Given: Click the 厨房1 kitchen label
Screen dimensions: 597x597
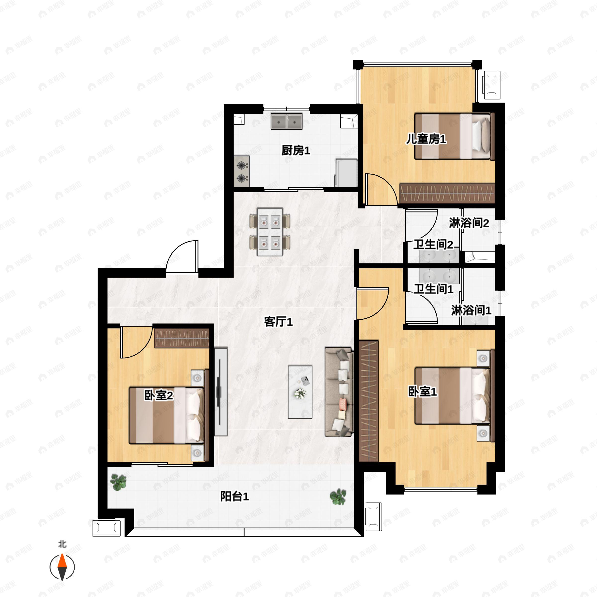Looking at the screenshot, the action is pyautogui.click(x=296, y=150).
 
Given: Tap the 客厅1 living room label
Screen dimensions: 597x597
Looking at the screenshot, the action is pyautogui.click(x=278, y=322).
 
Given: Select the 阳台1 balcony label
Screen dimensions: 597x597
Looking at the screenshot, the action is pyautogui.click(x=234, y=497).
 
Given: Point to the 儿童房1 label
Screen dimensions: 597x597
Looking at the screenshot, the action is pyautogui.click(x=426, y=139).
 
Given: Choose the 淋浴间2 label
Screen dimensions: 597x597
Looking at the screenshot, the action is pyautogui.click(x=469, y=223).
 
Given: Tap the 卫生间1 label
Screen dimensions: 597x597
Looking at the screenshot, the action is pyautogui.click(x=434, y=289).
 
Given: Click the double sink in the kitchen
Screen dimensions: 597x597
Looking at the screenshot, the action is pyautogui.click(x=287, y=121).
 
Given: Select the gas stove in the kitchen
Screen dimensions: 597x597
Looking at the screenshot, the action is pyautogui.click(x=242, y=171).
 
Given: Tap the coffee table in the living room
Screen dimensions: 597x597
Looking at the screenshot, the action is pyautogui.click(x=300, y=392).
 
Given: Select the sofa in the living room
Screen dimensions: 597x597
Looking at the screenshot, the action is pyautogui.click(x=339, y=392).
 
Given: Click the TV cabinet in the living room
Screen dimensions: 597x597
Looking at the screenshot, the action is pyautogui.click(x=221, y=392).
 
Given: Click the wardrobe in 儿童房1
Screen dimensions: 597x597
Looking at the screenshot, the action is pyautogui.click(x=448, y=194).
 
